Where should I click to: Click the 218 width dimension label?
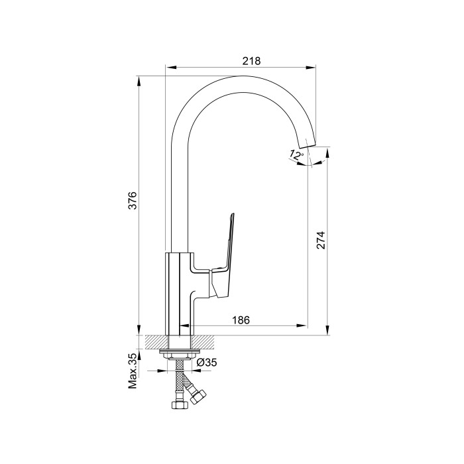click(251, 61)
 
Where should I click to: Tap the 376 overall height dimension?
click(133, 201)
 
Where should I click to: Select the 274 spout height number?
click(321, 240)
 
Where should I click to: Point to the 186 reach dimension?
click(241, 320)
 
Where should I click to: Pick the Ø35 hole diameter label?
click(207, 362)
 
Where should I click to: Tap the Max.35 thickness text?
click(133, 371)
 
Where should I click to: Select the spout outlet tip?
click(306, 143)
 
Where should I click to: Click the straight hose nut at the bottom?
click(180, 404)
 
